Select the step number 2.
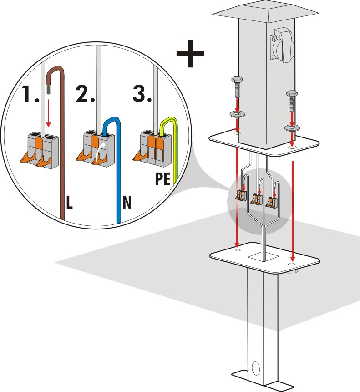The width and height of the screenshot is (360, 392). pos(86,93)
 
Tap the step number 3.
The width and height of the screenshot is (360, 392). pos(142,93)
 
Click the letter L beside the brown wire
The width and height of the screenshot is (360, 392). pos(69,202)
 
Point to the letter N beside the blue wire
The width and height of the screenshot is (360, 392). pos(127,202)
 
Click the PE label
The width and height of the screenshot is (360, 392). pos(162,178)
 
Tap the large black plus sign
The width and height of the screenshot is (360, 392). pos(190,54)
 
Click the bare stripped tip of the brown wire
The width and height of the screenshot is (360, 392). pos(49,89)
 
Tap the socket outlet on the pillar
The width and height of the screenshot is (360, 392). pos(282,45)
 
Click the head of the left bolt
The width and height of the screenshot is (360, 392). pos(237,81)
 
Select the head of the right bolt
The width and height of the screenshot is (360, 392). pos(292,94)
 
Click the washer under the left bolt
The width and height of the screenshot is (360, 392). pos(237,114)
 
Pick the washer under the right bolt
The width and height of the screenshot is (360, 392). pos(292,128)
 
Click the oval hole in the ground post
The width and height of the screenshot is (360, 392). pos(256,369)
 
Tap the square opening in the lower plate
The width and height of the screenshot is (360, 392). pos(264,257)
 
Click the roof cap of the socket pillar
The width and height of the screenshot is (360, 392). pos(266,12)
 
